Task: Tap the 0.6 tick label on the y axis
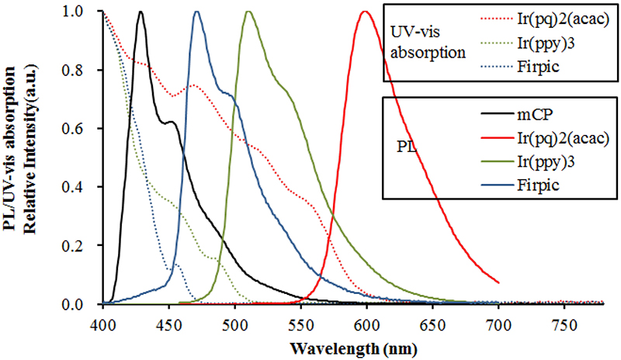86,129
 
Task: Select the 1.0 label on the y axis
86,12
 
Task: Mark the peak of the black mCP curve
140,12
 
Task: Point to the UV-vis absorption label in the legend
429,43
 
